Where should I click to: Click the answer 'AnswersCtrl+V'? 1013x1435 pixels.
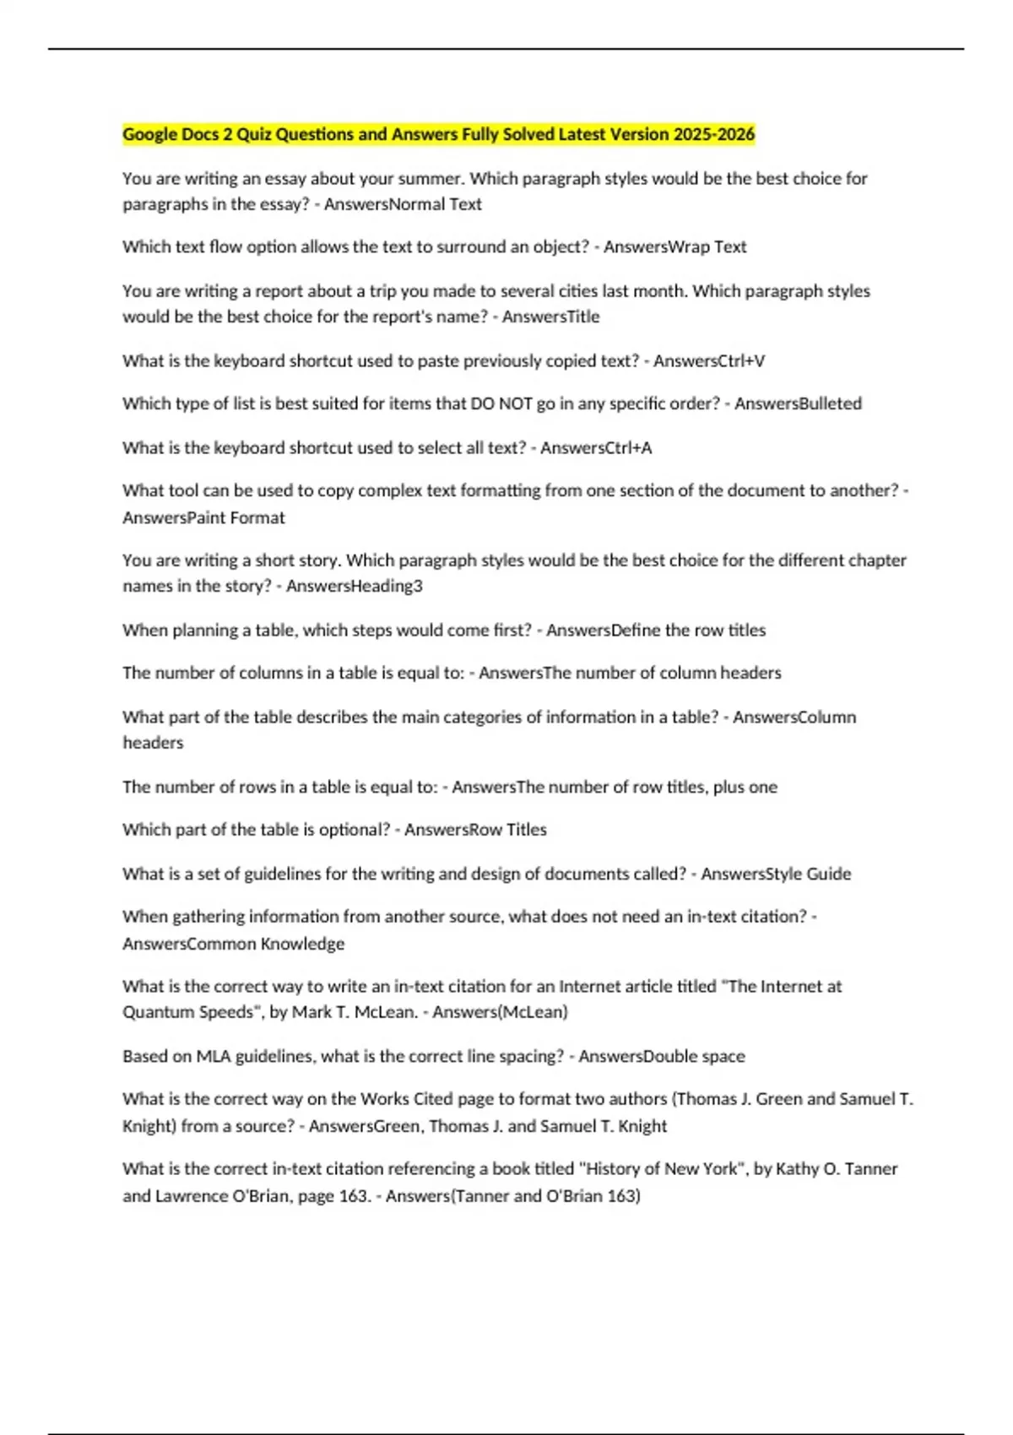click(x=709, y=360)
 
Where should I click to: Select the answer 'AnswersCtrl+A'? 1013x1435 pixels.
click(x=596, y=447)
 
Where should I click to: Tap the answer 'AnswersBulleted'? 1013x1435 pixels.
click(x=798, y=403)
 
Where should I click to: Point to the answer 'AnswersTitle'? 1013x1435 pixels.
click(x=550, y=317)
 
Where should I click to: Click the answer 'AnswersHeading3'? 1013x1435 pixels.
click(x=354, y=586)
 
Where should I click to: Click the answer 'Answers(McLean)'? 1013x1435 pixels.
click(x=500, y=1011)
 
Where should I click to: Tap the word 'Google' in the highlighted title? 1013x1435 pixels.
click(x=150, y=134)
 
